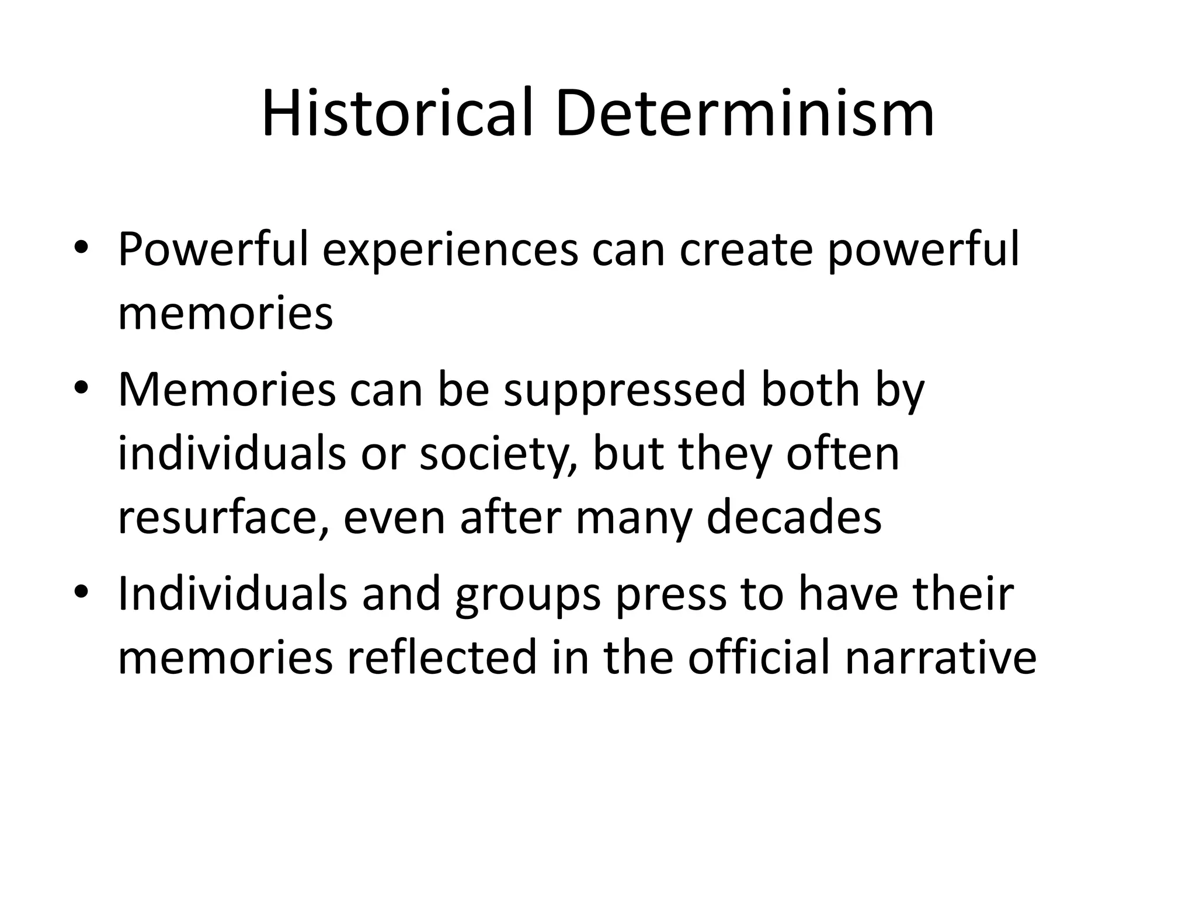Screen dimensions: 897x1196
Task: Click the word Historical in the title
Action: pos(397,113)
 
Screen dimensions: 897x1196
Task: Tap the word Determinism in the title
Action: pos(745,113)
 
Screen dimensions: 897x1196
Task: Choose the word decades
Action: pos(794,517)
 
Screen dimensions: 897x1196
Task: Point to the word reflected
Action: pos(441,658)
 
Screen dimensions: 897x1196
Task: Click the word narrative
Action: pos(940,658)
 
